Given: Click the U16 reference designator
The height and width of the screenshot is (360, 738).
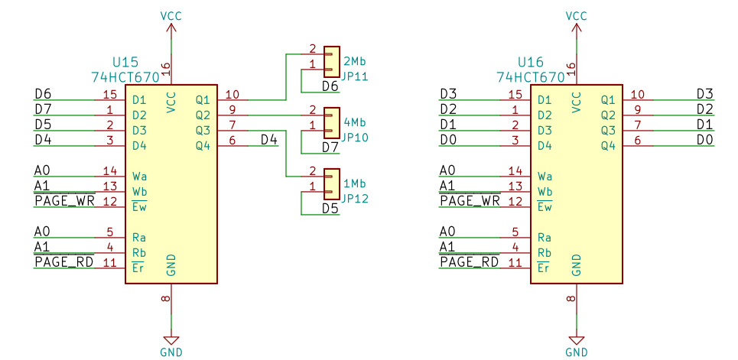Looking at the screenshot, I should pos(531,61).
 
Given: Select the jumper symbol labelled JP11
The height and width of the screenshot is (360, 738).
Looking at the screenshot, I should pos(331,62).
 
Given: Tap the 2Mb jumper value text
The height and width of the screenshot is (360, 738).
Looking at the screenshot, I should pos(354,61).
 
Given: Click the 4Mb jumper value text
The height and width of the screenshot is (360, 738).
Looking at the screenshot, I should pos(354,122).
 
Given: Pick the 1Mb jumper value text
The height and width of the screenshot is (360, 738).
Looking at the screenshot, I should pos(354,183).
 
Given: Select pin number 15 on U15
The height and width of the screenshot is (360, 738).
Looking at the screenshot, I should pos(109,95).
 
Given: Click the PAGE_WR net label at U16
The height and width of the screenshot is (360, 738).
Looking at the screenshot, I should pos(470,201).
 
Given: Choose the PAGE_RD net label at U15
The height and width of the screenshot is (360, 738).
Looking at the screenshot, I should pos(63,262).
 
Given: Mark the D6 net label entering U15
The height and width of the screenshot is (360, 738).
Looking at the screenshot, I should pos(43,94).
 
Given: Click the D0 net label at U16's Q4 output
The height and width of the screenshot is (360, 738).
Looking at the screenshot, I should pos(704,140).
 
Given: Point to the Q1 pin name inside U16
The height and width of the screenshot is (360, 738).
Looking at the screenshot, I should pos(607,100).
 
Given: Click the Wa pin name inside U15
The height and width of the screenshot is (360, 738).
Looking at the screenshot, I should pos(139,177).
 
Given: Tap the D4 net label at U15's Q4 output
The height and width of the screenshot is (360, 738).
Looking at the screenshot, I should pos(268,140).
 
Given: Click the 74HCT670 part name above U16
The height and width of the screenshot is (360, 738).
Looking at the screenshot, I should pos(531,76).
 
